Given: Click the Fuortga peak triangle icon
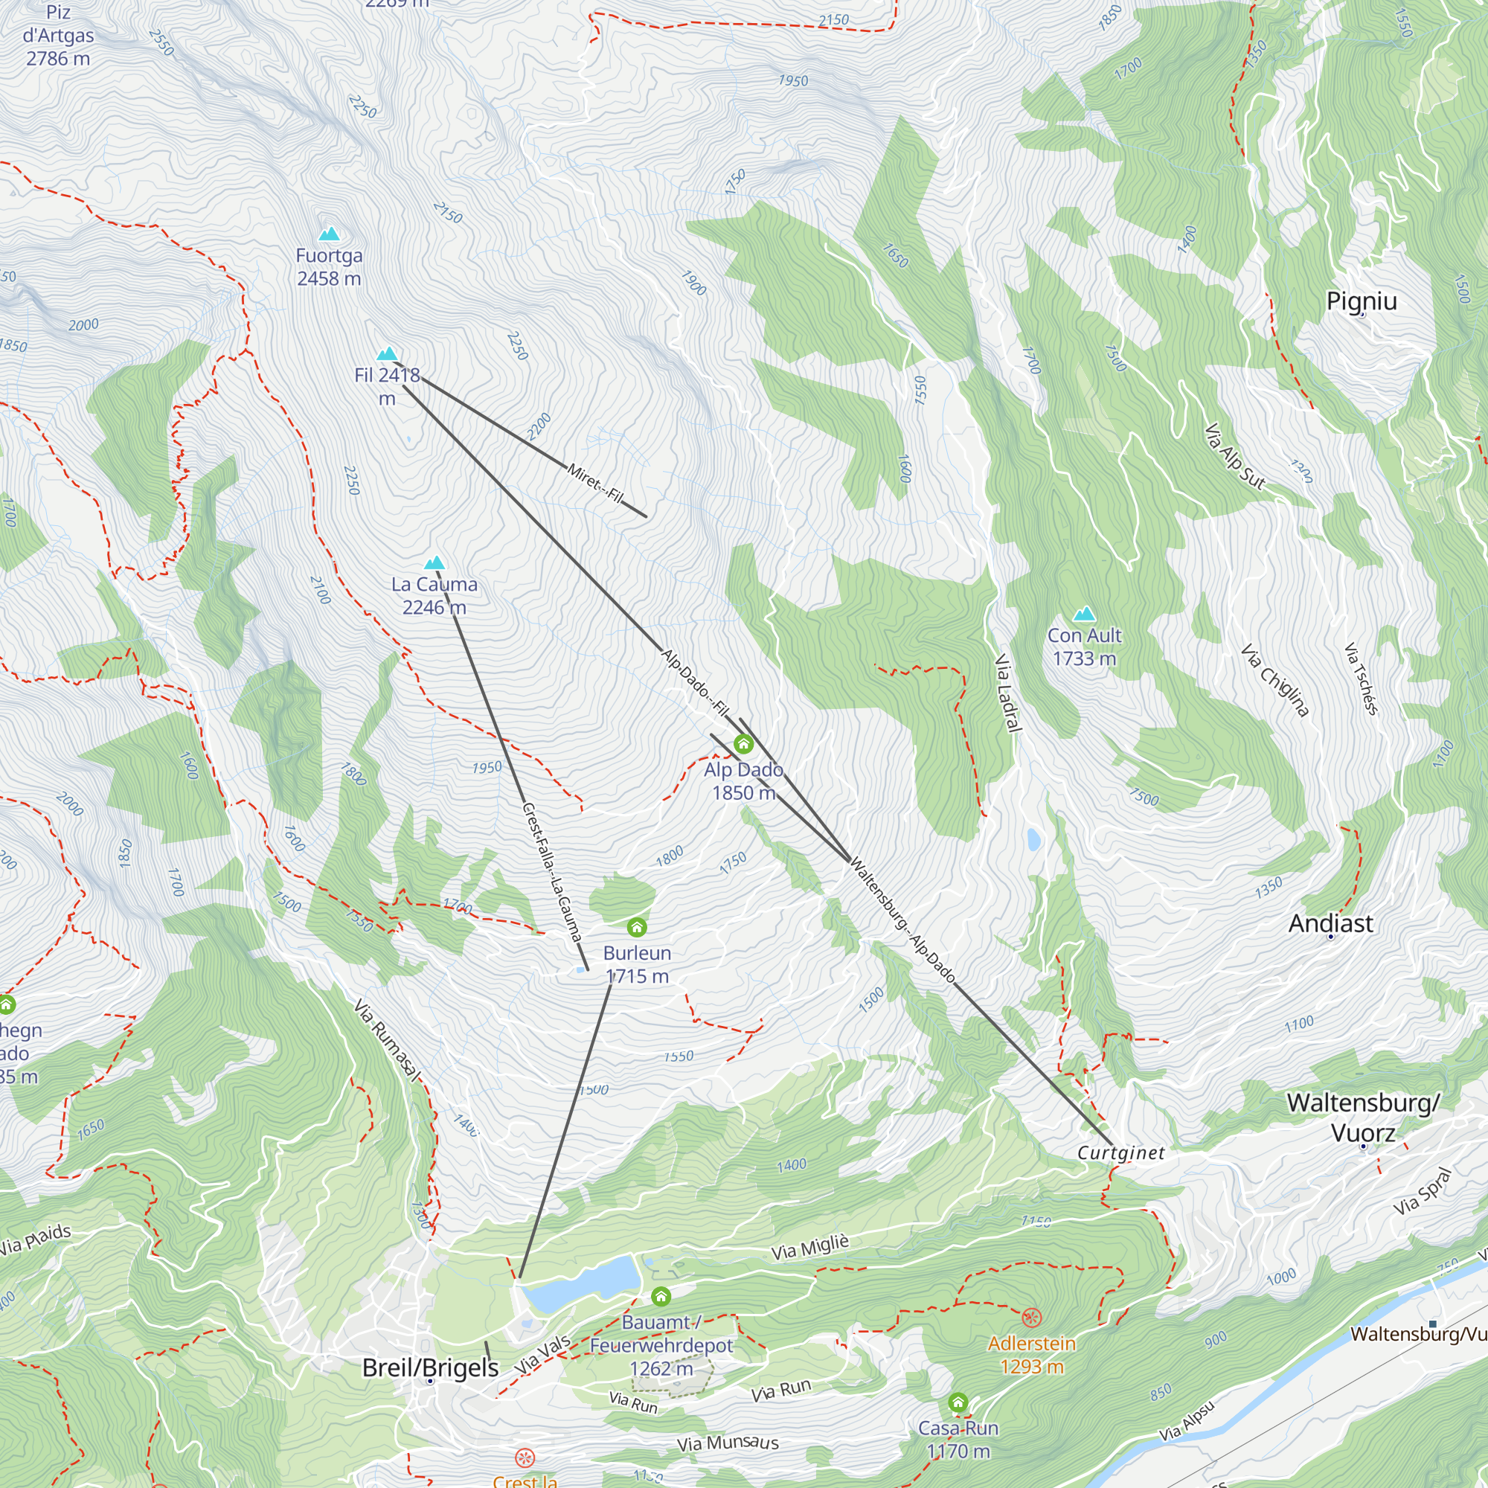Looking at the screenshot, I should tap(329, 234).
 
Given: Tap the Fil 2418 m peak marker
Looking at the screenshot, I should tap(387, 354).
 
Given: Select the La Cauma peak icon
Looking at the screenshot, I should tap(435, 563).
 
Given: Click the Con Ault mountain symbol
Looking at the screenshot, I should tap(1085, 614).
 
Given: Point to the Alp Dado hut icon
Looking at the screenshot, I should tap(743, 744).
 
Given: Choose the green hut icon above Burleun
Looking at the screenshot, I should tap(637, 926).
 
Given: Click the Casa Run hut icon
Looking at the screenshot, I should tap(958, 1402).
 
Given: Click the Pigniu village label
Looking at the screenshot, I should tap(1362, 301).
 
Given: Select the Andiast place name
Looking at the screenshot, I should tap(1331, 923).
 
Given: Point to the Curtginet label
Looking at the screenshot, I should tap(1121, 1153).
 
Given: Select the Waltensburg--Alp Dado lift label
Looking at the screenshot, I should tap(902, 921).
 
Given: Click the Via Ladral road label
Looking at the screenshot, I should tap(1008, 693).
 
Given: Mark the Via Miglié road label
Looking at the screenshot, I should tap(810, 1246).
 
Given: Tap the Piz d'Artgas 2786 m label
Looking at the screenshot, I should tap(58, 36).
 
